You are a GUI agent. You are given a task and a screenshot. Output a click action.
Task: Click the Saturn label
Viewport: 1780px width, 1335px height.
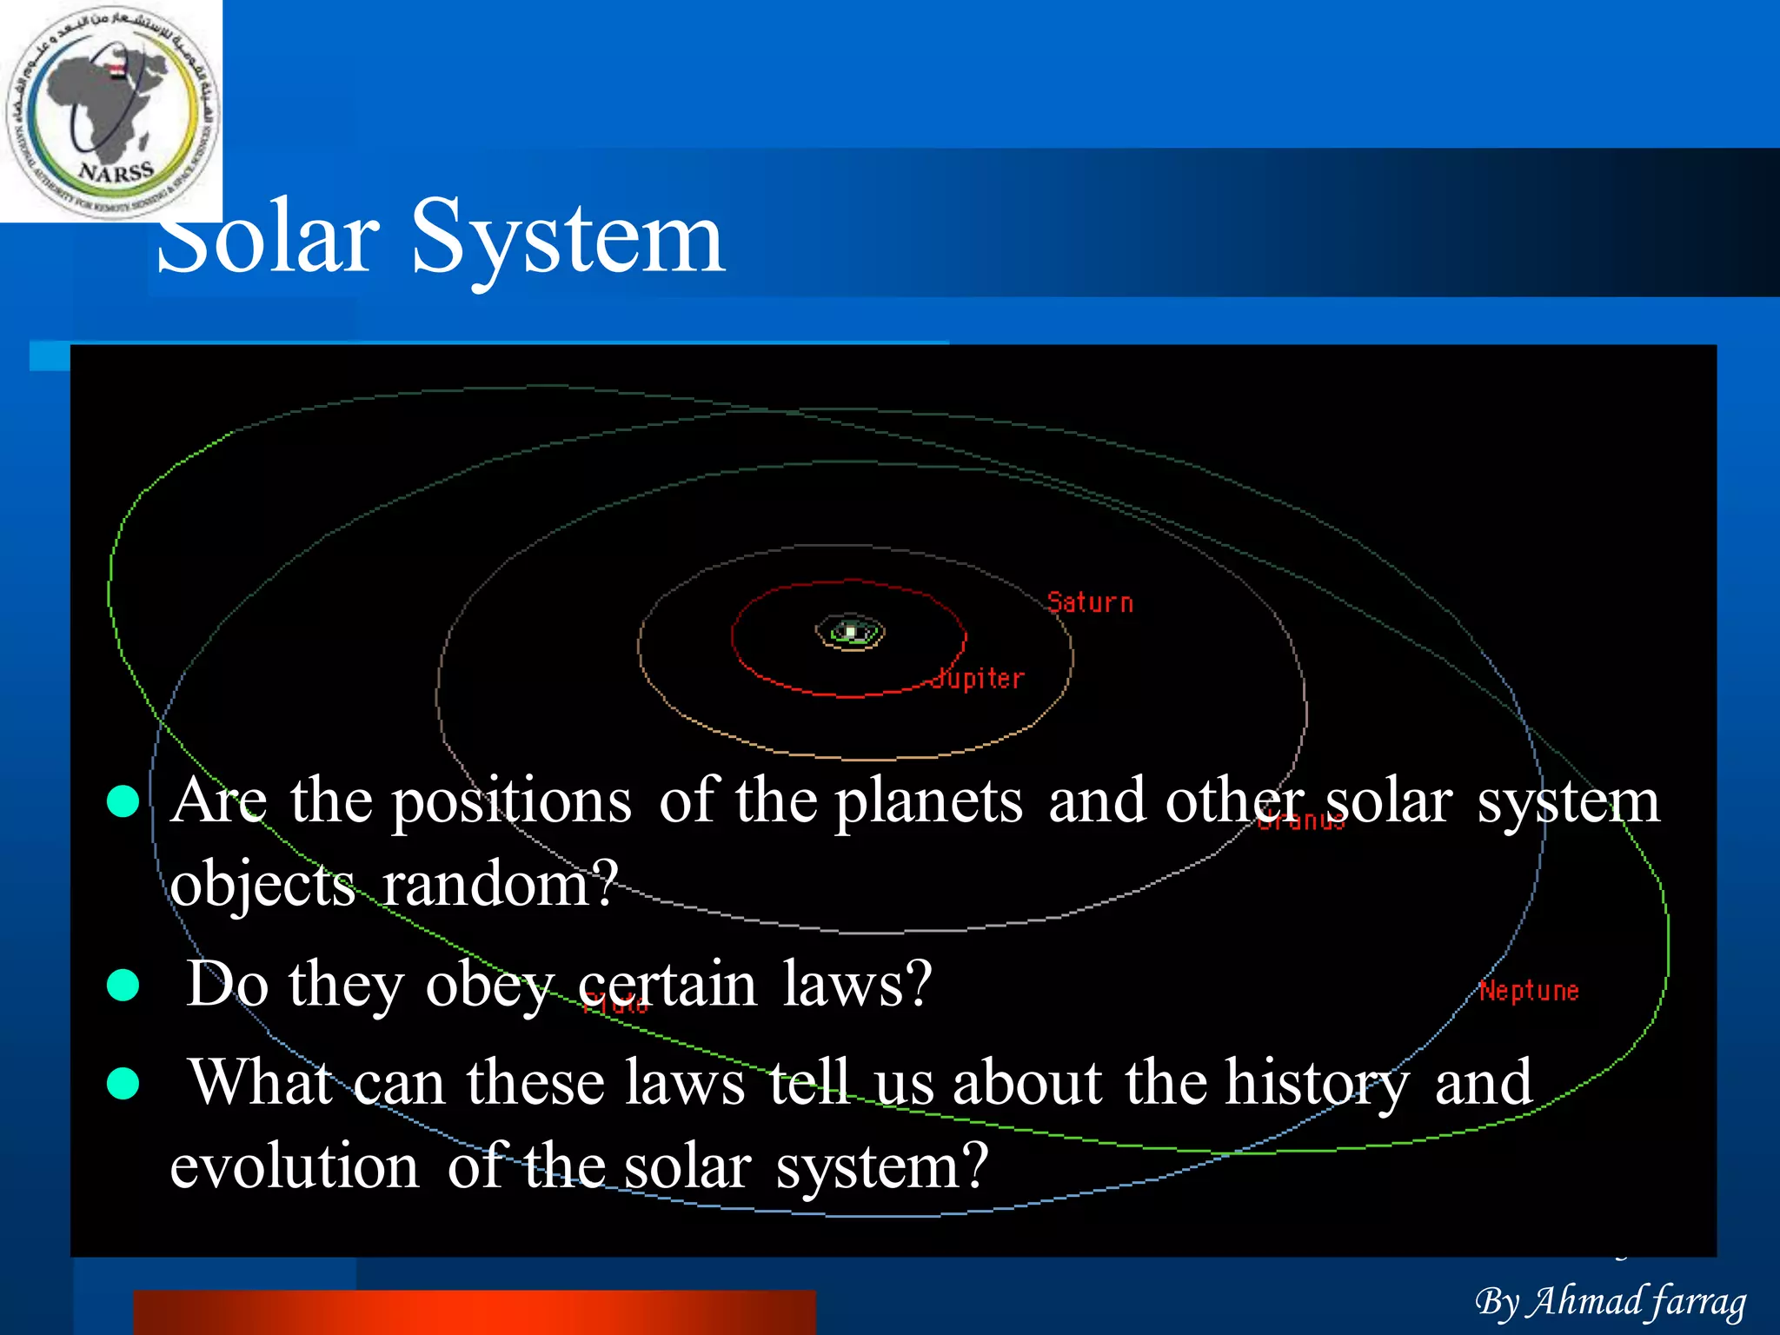coord(1090,602)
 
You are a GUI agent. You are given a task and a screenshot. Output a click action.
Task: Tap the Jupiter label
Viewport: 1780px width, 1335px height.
coord(979,678)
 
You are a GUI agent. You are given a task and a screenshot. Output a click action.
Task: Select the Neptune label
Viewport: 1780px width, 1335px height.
coord(1529,991)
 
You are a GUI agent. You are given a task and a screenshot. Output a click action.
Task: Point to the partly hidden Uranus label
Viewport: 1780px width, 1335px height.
coord(1301,820)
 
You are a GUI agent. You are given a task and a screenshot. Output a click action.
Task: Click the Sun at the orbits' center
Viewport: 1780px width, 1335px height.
coord(851,632)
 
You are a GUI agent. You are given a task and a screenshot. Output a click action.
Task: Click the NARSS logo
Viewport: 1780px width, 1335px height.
coord(111,111)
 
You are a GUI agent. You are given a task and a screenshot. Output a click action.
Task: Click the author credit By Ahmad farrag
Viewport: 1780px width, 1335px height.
coord(1611,1301)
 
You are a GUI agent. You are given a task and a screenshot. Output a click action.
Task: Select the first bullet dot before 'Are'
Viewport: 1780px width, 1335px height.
coord(123,801)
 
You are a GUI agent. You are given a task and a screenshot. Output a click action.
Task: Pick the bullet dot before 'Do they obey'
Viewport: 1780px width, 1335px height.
coord(123,985)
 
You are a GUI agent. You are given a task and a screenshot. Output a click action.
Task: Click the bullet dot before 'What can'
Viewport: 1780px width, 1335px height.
coord(123,1083)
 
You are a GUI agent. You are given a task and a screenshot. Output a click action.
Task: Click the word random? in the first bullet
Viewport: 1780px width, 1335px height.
coord(500,883)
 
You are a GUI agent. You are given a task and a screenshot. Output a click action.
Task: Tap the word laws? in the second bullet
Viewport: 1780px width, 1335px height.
coord(857,984)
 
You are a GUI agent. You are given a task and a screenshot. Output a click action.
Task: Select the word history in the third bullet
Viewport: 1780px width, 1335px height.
coord(1318,1083)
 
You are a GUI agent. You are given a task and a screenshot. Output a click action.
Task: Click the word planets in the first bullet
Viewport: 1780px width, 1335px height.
coord(928,800)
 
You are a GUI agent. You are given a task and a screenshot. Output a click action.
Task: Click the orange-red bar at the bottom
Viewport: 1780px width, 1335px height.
coord(474,1312)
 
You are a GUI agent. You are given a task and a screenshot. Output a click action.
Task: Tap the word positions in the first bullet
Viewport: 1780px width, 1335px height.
coord(511,802)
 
